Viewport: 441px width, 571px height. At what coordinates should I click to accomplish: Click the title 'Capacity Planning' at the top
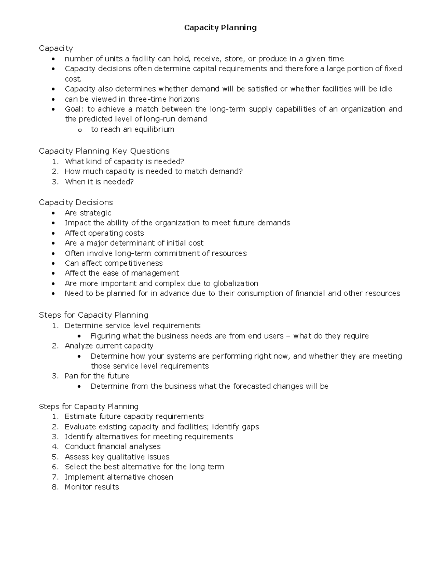(220, 28)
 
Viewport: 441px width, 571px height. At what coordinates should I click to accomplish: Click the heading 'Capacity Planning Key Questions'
(104, 151)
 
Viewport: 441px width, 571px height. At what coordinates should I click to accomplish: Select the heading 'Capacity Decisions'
(76, 203)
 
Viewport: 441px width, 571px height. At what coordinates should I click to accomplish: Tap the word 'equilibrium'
(154, 129)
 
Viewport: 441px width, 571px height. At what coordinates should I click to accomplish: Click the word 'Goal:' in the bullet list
(74, 109)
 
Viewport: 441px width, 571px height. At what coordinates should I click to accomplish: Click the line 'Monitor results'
(92, 487)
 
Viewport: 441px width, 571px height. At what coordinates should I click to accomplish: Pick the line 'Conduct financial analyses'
(112, 447)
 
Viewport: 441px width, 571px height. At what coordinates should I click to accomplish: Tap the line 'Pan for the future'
(97, 376)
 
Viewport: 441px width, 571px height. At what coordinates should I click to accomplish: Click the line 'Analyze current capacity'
(109, 346)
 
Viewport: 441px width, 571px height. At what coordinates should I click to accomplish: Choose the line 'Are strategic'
(88, 213)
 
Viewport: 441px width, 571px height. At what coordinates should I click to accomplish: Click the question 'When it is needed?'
(99, 182)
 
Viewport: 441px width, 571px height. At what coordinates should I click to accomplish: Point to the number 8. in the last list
(55, 487)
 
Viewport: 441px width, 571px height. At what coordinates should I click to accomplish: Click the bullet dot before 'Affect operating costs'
(54, 233)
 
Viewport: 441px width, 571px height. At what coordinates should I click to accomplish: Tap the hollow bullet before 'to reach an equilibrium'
(79, 130)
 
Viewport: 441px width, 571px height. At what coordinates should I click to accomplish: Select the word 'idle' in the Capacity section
(385, 89)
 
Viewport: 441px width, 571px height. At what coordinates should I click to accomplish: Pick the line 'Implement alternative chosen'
(119, 477)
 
